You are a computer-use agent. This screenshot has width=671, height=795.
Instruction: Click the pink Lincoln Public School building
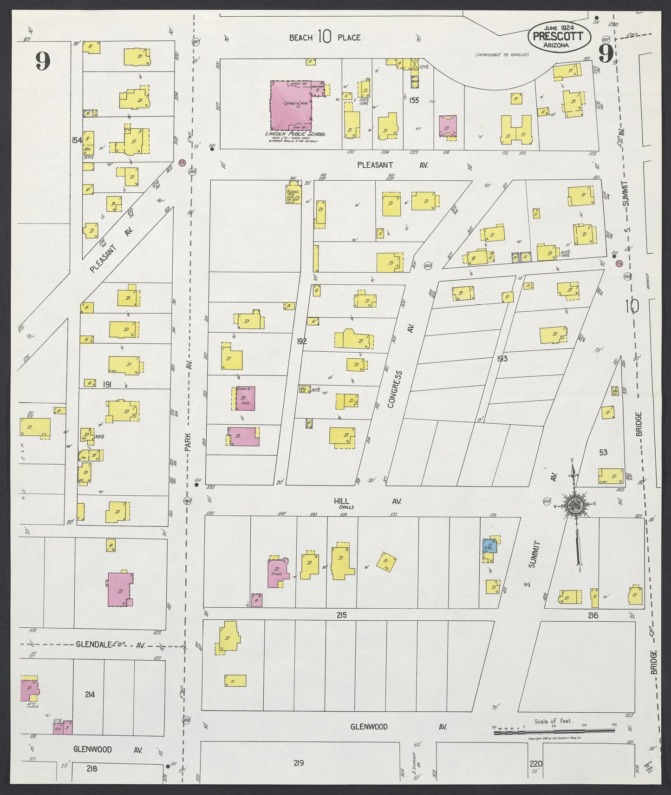[x=292, y=106]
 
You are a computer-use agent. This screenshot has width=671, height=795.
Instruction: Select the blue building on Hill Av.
[x=490, y=545]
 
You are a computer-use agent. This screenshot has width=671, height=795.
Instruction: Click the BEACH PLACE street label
[x=325, y=37]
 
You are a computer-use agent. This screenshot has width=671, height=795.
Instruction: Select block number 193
[x=502, y=358]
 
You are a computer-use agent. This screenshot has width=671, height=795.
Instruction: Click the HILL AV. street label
[x=367, y=501]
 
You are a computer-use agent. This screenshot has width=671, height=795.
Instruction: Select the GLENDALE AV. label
[x=111, y=645]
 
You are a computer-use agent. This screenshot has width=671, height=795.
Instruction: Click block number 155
[x=414, y=100]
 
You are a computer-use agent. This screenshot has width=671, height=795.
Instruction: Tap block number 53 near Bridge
[x=603, y=452]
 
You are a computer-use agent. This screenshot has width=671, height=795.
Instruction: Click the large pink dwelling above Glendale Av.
[x=120, y=589]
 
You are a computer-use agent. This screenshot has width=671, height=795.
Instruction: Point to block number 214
[x=90, y=695]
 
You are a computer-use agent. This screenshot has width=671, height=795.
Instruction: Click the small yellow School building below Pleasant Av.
[x=293, y=195]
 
